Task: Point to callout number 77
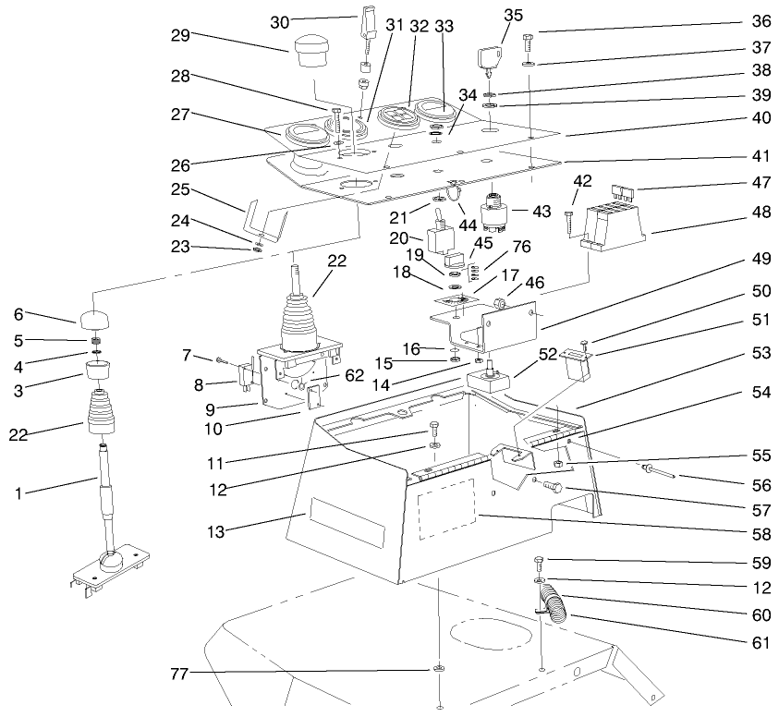180,674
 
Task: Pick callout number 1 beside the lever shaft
18,493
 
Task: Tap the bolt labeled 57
553,486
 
